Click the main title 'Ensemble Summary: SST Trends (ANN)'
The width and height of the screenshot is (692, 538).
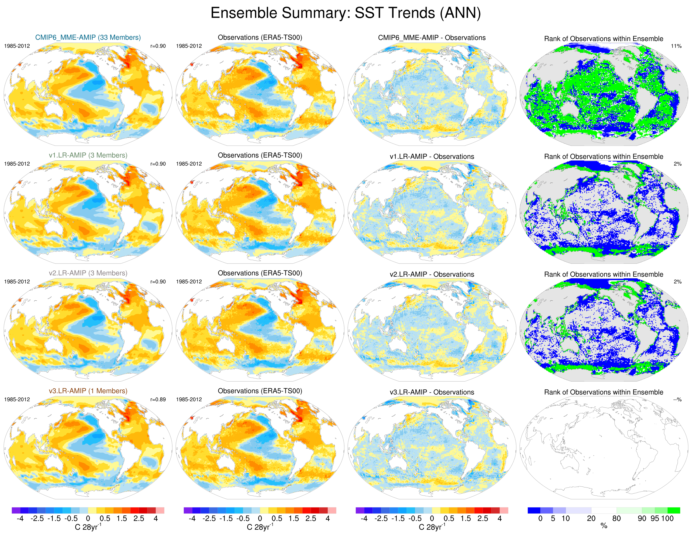pyautogui.click(x=346, y=13)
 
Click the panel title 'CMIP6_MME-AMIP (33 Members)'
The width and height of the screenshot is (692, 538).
pyautogui.click(x=88, y=37)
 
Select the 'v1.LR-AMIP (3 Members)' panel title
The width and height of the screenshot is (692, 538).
pyautogui.click(x=88, y=155)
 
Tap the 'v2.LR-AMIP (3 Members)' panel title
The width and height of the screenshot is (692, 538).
pyautogui.click(x=88, y=273)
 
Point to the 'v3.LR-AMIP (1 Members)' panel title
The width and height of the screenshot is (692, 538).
pyautogui.click(x=88, y=391)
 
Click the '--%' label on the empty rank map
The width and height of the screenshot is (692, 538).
pyautogui.click(x=677, y=400)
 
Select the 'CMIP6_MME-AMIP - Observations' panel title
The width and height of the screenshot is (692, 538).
pyautogui.click(x=432, y=38)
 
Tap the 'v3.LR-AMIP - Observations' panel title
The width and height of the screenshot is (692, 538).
pyautogui.click(x=432, y=392)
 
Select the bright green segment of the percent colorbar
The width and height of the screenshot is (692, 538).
pyautogui.click(x=674, y=510)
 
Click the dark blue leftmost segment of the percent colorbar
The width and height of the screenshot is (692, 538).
pyautogui.click(x=534, y=510)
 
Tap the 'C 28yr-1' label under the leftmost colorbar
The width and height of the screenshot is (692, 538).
pyautogui.click(x=88, y=527)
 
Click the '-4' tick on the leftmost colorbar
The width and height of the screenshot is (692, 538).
pyautogui.click(x=20, y=519)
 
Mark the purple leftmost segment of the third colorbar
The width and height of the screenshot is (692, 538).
pyautogui.click(x=360, y=510)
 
